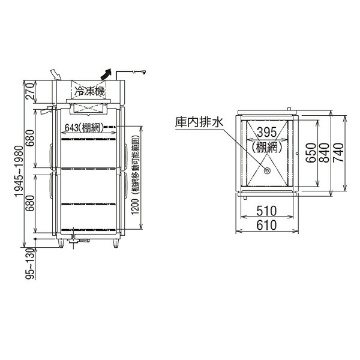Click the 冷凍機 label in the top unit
(90, 91)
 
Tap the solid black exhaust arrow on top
(106, 74)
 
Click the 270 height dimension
(31, 91)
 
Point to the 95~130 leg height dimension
(31, 264)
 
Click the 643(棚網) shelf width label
(84, 128)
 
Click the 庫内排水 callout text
(199, 122)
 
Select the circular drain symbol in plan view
(267, 171)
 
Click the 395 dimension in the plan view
(267, 132)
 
